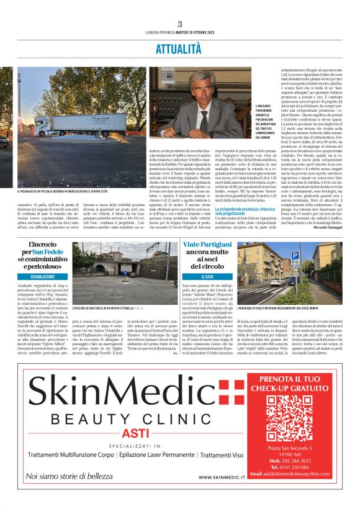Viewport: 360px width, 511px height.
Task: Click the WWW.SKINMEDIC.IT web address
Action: (223, 477)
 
